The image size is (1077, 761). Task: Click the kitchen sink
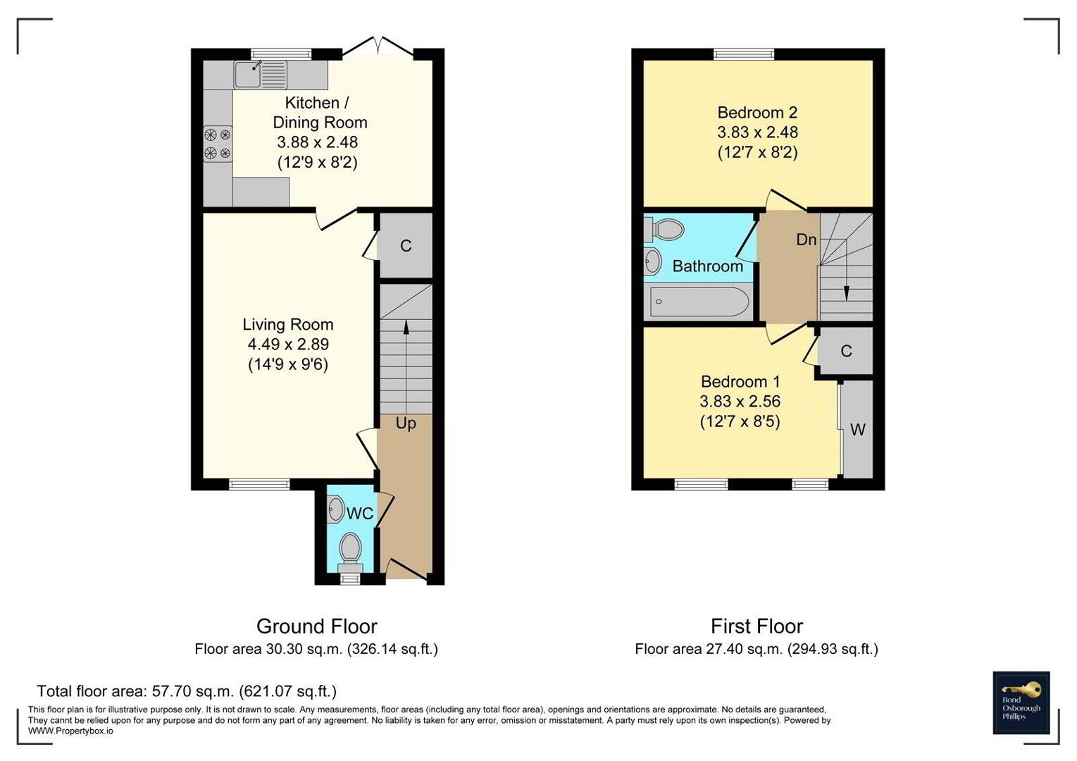click(260, 75)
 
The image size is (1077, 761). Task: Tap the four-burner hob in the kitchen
click(218, 144)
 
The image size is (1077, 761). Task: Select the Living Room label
click(288, 325)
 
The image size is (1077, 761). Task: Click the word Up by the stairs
click(406, 423)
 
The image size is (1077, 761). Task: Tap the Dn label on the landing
click(807, 240)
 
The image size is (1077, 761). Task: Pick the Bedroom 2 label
click(757, 113)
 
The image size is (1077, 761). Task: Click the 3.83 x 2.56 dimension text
click(740, 401)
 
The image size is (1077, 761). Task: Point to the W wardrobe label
click(858, 430)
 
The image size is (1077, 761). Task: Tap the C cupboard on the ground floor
click(406, 246)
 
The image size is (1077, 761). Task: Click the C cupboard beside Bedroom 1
click(846, 351)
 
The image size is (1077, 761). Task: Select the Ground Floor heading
click(317, 627)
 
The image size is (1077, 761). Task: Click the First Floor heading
click(757, 627)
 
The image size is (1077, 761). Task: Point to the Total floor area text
click(187, 691)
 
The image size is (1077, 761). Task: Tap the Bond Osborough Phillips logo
click(1021, 703)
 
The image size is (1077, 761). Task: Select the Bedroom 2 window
click(744, 54)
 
